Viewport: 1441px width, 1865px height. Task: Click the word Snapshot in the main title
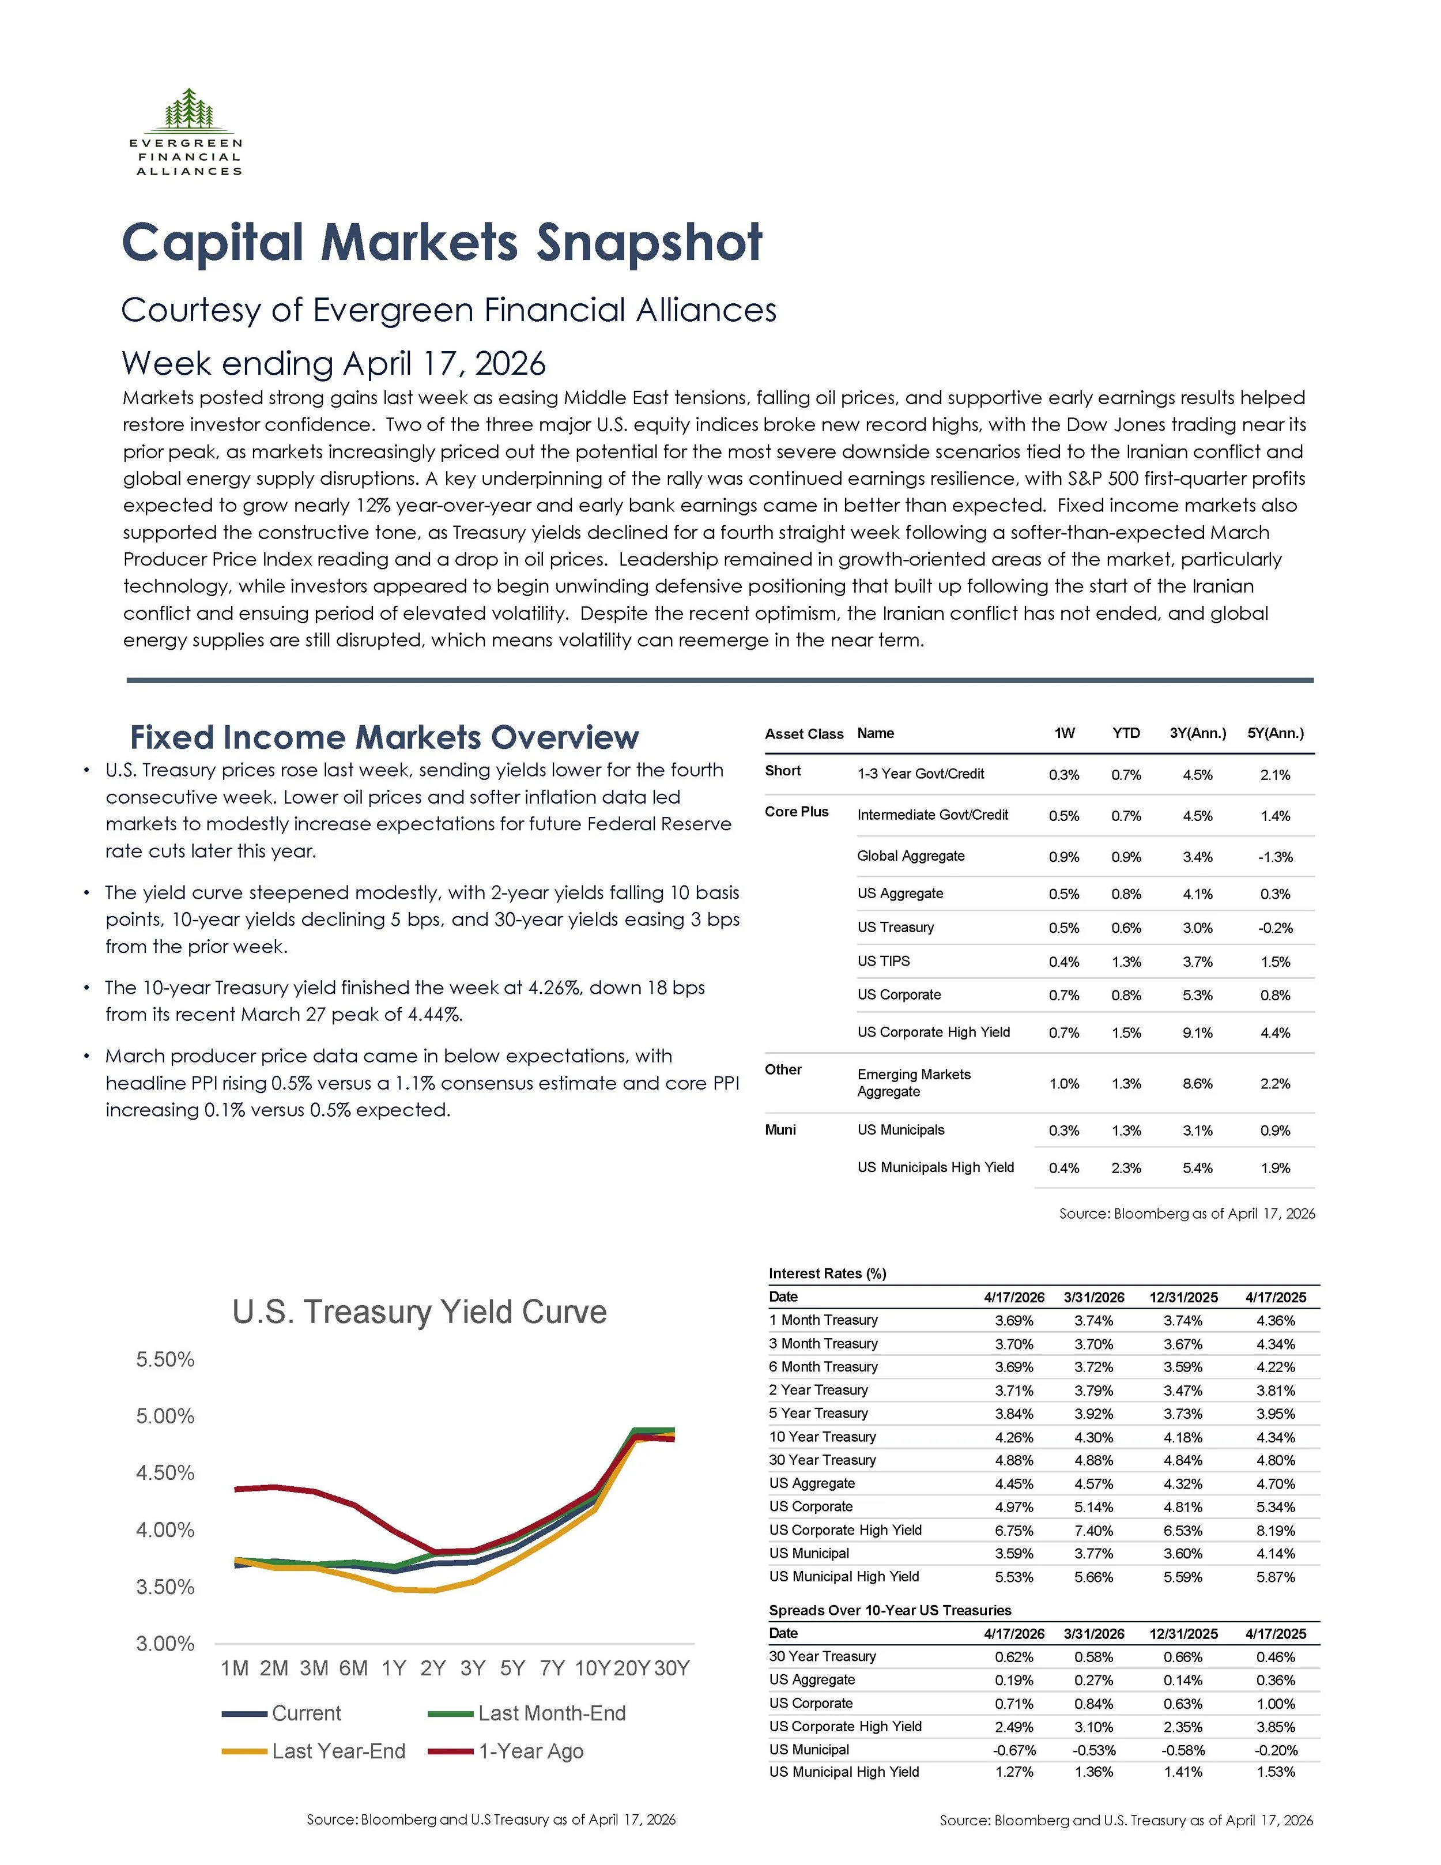click(x=649, y=243)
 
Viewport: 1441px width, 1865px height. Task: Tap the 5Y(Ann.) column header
click(x=1276, y=733)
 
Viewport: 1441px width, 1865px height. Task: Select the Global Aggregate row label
click(x=911, y=856)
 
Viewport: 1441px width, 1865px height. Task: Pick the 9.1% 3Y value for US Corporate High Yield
click(x=1198, y=1033)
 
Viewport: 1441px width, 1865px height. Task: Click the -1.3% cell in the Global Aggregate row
click(x=1276, y=857)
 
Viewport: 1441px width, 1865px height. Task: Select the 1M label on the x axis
click(x=235, y=1668)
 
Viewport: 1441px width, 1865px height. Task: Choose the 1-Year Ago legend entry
click(x=506, y=1751)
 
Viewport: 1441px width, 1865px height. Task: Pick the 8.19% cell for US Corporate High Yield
click(x=1276, y=1530)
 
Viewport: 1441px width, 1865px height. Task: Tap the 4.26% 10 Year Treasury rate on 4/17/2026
click(x=1014, y=1437)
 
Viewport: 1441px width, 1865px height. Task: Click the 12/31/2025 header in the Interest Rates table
click(x=1183, y=1297)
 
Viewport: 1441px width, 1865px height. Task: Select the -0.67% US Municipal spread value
click(x=1014, y=1750)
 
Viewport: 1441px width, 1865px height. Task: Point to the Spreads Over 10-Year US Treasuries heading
click(x=889, y=1610)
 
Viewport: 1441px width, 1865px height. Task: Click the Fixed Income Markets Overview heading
click(x=384, y=737)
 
